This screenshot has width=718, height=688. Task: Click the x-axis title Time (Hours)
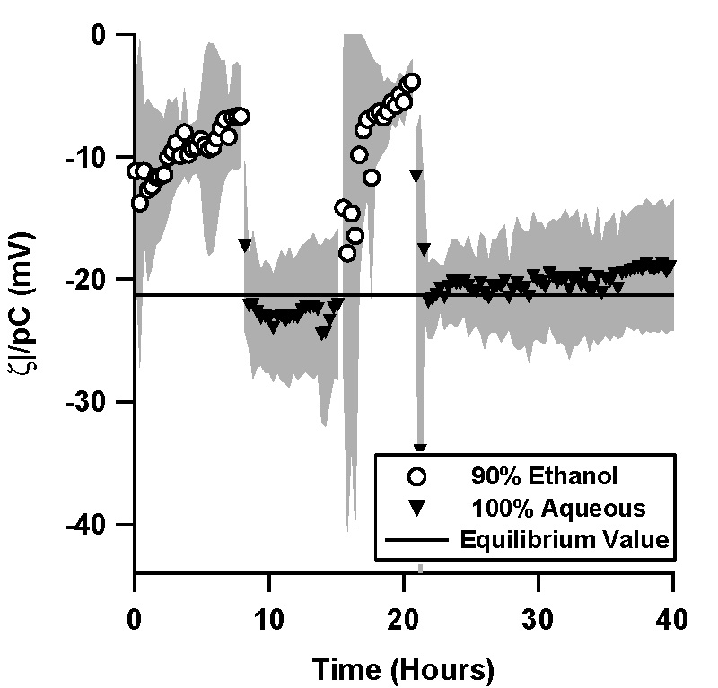403,667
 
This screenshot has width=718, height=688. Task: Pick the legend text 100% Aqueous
558,509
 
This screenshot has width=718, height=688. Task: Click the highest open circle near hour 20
412,83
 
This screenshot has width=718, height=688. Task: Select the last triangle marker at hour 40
670,266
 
